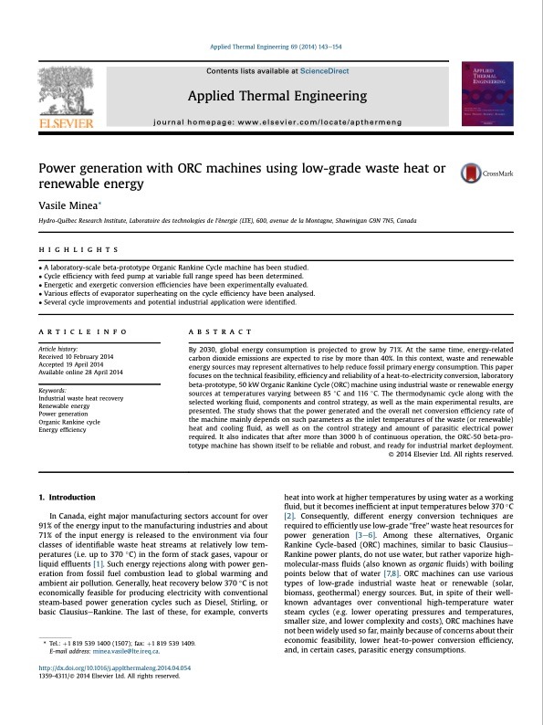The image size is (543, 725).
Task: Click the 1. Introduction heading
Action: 67,497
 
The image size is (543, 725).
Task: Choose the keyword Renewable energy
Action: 65,405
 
